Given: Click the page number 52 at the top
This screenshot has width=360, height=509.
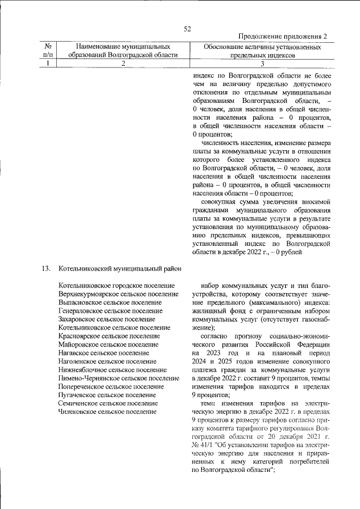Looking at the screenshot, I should click(x=188, y=29).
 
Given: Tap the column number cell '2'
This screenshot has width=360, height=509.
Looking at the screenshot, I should click(x=123, y=64).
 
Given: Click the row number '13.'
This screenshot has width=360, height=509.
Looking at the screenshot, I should click(x=47, y=268).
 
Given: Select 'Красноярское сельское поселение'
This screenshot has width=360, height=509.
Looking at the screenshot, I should click(x=109, y=336).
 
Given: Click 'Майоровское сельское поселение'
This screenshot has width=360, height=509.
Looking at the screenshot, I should click(x=108, y=344).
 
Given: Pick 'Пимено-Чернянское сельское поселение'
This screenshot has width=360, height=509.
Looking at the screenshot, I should click(x=118, y=378).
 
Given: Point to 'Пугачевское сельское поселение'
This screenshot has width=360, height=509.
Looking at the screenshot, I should click(x=107, y=395).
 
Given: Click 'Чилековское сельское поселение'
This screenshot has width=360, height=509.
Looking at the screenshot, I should click(x=107, y=412).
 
